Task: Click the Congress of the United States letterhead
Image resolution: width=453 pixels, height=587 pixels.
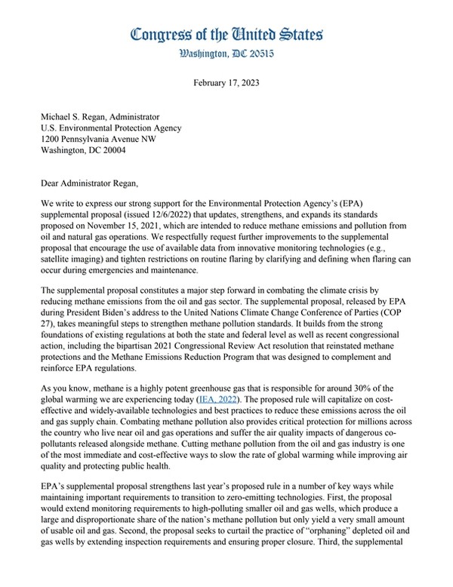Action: [226, 35]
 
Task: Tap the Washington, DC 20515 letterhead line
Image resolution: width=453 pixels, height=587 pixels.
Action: [226, 54]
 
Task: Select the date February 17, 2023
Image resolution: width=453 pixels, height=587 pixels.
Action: [226, 85]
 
